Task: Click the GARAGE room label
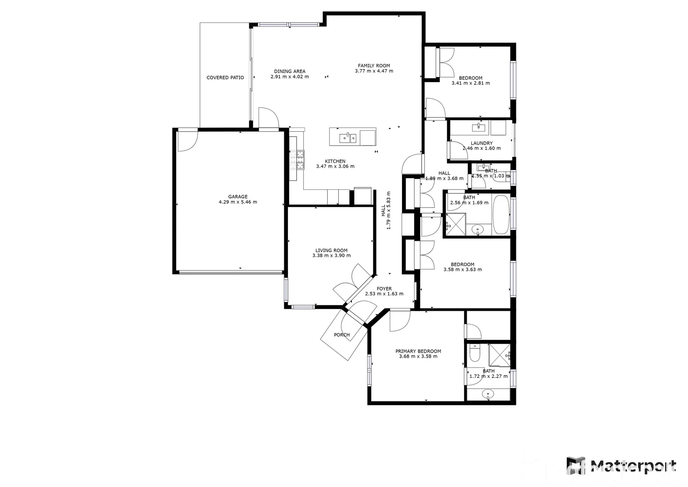pyautogui.click(x=237, y=197)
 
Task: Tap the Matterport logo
pyautogui.click(x=621, y=466)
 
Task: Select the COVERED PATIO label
pyautogui.click(x=225, y=78)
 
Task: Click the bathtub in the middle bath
pyautogui.click(x=501, y=214)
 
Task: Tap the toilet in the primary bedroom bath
pyautogui.click(x=475, y=353)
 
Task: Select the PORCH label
pyautogui.click(x=342, y=335)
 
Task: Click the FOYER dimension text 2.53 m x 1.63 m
pyautogui.click(x=384, y=294)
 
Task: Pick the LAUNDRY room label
pyautogui.click(x=481, y=143)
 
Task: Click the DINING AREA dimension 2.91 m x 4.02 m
pyautogui.click(x=289, y=77)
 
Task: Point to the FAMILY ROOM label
pyautogui.click(x=374, y=65)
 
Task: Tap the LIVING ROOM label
pyautogui.click(x=331, y=250)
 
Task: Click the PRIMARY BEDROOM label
pyautogui.click(x=418, y=351)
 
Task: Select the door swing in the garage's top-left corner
pyautogui.click(x=186, y=140)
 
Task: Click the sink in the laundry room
pyautogui.click(x=478, y=128)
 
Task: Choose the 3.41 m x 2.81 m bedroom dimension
pyautogui.click(x=470, y=83)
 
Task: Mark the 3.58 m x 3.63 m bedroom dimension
pyautogui.click(x=462, y=270)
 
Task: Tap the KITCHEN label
pyautogui.click(x=335, y=161)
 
